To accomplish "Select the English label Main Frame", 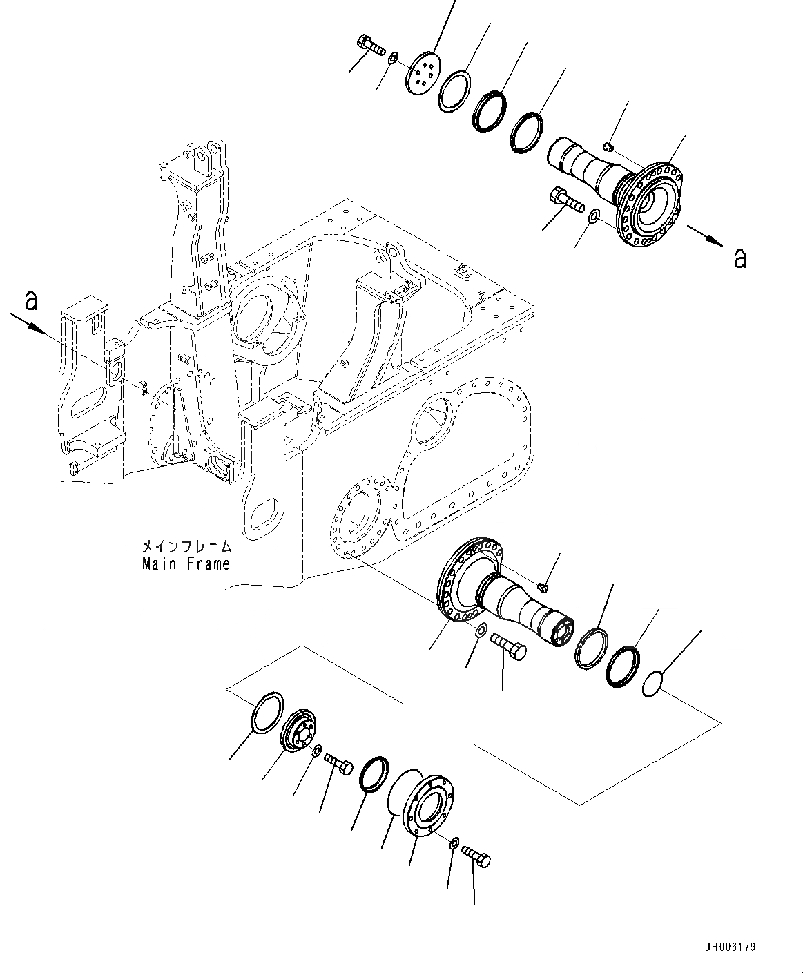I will pyautogui.click(x=186, y=563).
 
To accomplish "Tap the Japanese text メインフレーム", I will pyautogui.click(x=186, y=546).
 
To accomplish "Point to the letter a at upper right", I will pyautogui.click(x=740, y=258).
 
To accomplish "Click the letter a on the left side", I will pyautogui.click(x=31, y=301).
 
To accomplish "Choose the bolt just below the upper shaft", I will pyautogui.click(x=567, y=201).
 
